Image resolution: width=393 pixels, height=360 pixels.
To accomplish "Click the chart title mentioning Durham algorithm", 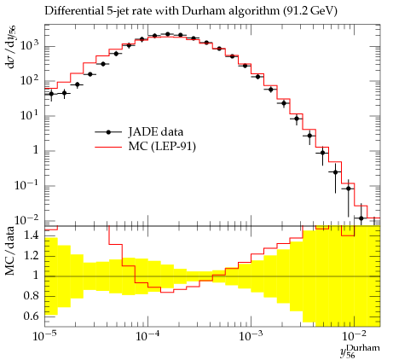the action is coord(191,11).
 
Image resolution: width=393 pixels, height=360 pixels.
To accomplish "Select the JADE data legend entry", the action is coord(139,132).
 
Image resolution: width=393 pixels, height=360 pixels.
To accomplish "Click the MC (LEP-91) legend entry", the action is coord(145,147).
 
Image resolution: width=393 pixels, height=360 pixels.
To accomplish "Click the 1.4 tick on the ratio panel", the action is coord(31,235).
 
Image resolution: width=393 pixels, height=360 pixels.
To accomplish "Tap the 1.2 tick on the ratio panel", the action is coord(31,256).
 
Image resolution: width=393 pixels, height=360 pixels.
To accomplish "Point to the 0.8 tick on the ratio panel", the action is coord(31,296).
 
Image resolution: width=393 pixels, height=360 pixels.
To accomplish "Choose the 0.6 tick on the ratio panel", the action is coord(31,316).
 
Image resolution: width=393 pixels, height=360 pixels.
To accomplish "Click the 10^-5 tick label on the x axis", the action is coord(44,335).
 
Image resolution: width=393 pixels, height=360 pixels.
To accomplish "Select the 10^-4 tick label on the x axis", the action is coord(147,335).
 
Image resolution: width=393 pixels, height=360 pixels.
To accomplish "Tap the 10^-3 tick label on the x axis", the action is coord(251,335).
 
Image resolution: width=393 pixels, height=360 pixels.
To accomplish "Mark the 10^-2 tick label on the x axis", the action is coord(354,335).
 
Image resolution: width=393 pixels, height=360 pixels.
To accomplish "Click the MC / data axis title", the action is coord(9,251).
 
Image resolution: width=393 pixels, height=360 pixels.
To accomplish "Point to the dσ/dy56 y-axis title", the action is coord(11,46).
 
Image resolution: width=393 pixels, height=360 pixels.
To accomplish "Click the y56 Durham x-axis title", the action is coord(360,351).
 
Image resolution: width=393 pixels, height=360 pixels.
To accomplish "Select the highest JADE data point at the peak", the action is coord(167,34).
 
